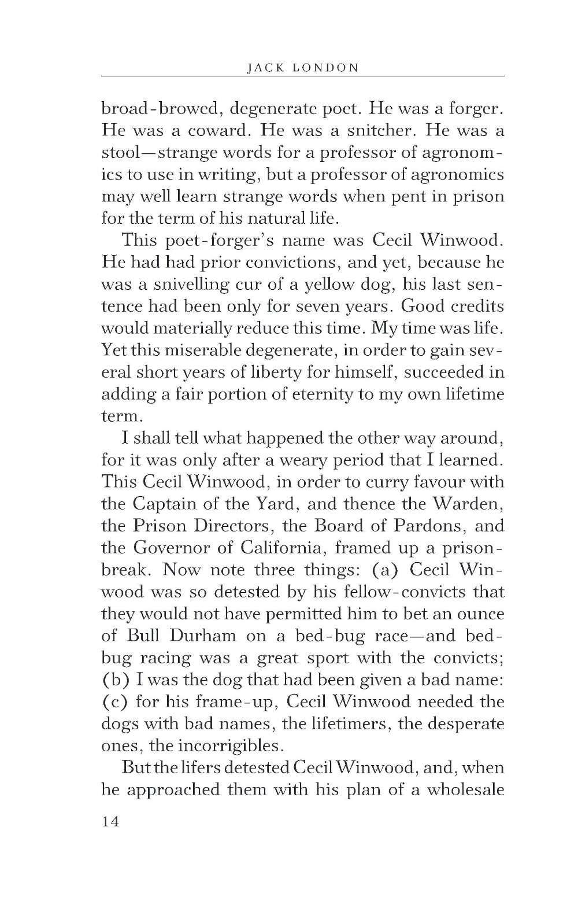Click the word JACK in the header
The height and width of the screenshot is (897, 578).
click(264, 68)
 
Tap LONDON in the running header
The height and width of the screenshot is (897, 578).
click(327, 68)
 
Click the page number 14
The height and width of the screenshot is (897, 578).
click(110, 821)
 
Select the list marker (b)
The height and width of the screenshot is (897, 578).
click(113, 680)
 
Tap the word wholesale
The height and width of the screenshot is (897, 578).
click(465, 790)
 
